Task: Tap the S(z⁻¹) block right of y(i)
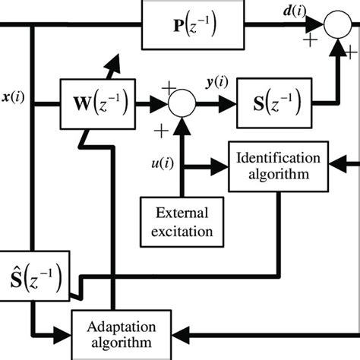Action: pos(274,100)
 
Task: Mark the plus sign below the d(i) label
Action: pos(311,42)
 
